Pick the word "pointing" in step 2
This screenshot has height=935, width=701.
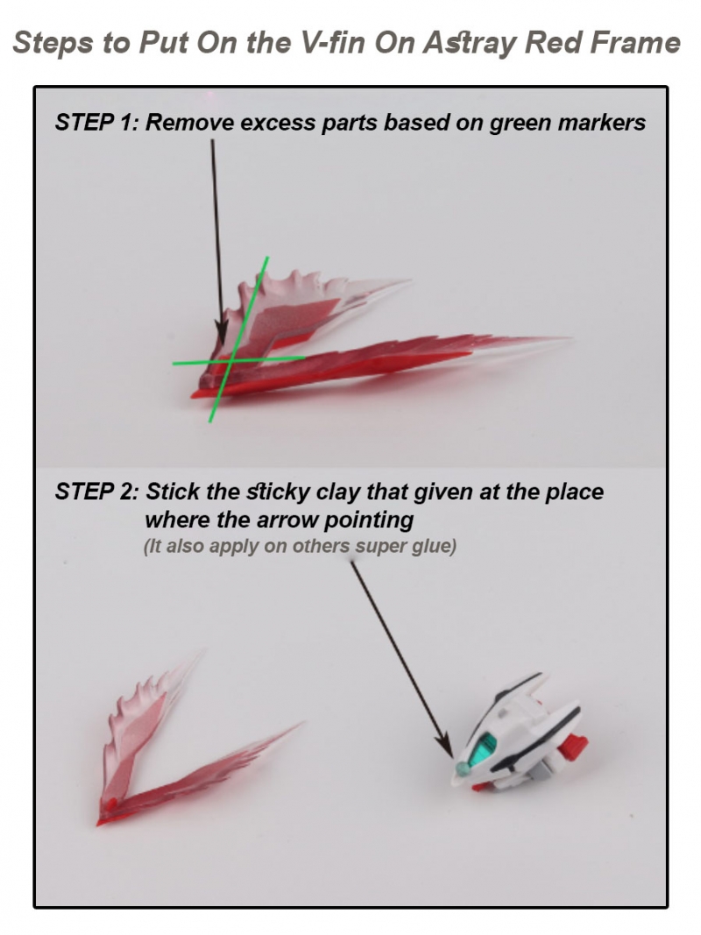tap(368, 521)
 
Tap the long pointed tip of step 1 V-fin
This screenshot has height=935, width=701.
tap(570, 339)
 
